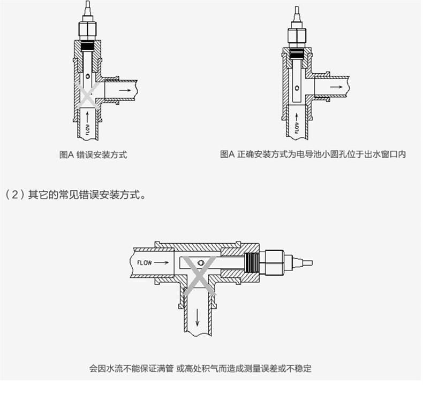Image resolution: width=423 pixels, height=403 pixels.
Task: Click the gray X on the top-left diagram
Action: coord(87,95)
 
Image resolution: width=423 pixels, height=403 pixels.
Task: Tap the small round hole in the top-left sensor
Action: coord(88,76)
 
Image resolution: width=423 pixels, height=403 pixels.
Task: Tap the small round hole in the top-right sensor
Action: coord(297,88)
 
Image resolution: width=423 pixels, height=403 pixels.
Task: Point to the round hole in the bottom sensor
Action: coord(200,263)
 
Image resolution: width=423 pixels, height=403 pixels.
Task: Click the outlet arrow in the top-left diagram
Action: coord(125,90)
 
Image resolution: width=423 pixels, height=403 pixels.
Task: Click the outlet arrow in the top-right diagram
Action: coord(336,87)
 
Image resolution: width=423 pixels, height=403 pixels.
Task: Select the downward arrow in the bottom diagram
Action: coord(198,317)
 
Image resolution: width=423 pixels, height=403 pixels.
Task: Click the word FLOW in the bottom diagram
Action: coord(145,263)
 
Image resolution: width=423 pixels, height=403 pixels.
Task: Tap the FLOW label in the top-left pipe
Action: coord(88,130)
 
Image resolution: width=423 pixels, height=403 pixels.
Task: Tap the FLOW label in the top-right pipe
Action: coord(297,128)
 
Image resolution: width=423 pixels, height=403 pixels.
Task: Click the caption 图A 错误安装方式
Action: coord(93,155)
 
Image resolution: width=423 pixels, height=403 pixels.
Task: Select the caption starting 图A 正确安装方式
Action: coord(313,154)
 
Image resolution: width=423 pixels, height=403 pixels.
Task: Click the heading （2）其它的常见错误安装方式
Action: coord(75,195)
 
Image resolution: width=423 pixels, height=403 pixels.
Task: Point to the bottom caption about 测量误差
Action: coord(200,368)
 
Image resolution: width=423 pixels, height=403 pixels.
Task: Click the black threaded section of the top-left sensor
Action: coord(88,46)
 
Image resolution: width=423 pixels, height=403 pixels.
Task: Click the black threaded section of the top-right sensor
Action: coord(297,53)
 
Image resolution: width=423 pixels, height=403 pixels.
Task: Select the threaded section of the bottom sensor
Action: coord(253,263)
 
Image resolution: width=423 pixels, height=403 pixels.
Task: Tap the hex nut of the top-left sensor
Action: coord(87,31)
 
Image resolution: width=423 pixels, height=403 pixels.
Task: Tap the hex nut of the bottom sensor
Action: coord(275,263)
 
